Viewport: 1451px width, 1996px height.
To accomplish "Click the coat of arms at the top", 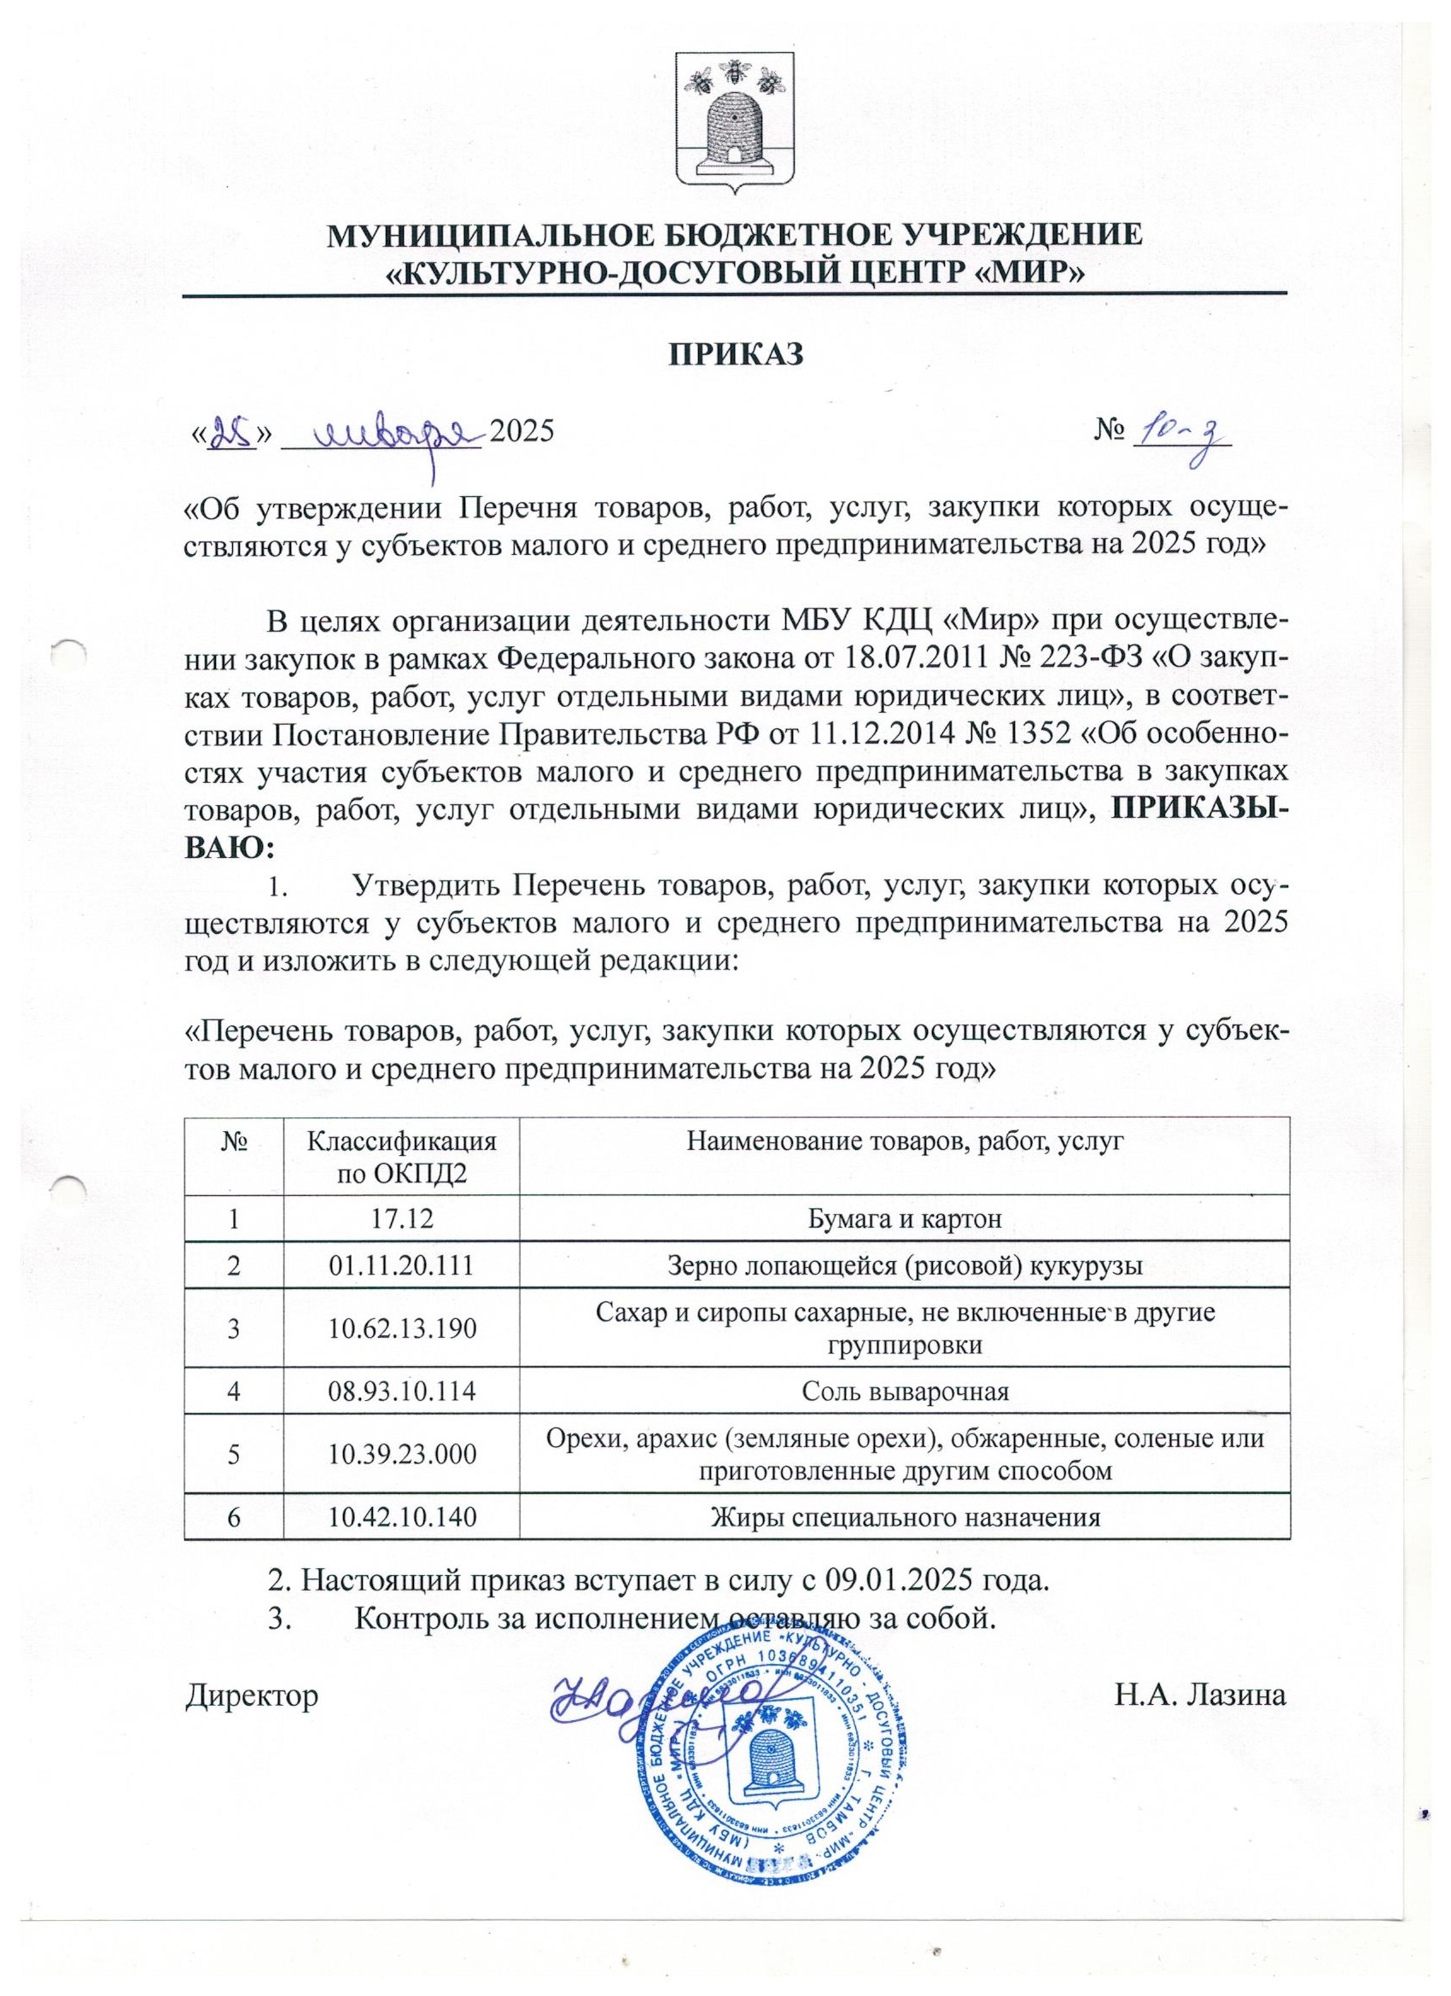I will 736,119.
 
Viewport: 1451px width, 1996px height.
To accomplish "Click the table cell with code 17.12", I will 400,1218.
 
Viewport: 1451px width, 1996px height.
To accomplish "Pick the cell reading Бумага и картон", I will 905,1218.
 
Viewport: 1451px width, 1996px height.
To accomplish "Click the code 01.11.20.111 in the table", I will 400,1266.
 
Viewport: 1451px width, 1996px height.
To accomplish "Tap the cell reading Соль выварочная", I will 905,1391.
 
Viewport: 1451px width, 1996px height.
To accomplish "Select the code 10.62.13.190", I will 400,1328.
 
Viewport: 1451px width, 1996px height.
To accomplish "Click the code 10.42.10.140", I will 400,1516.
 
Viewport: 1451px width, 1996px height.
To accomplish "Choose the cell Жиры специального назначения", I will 905,1516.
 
